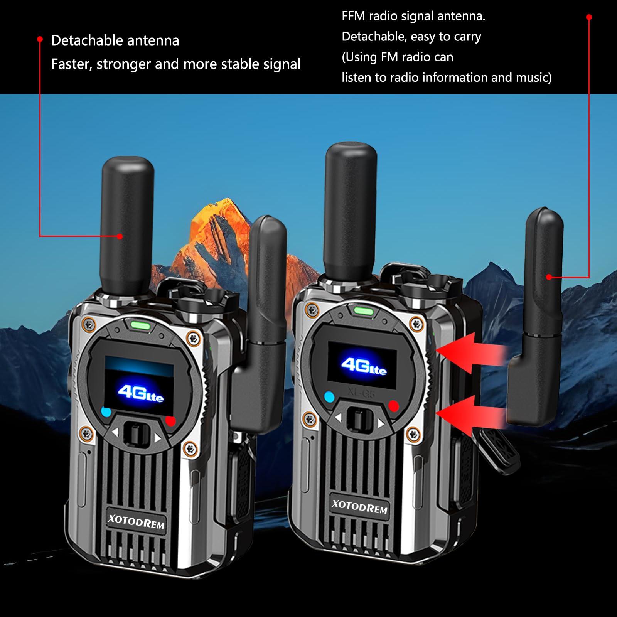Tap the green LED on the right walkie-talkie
point(361,310)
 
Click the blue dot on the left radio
point(106,412)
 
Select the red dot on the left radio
point(170,421)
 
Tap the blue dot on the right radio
point(329,396)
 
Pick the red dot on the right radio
point(393,406)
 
